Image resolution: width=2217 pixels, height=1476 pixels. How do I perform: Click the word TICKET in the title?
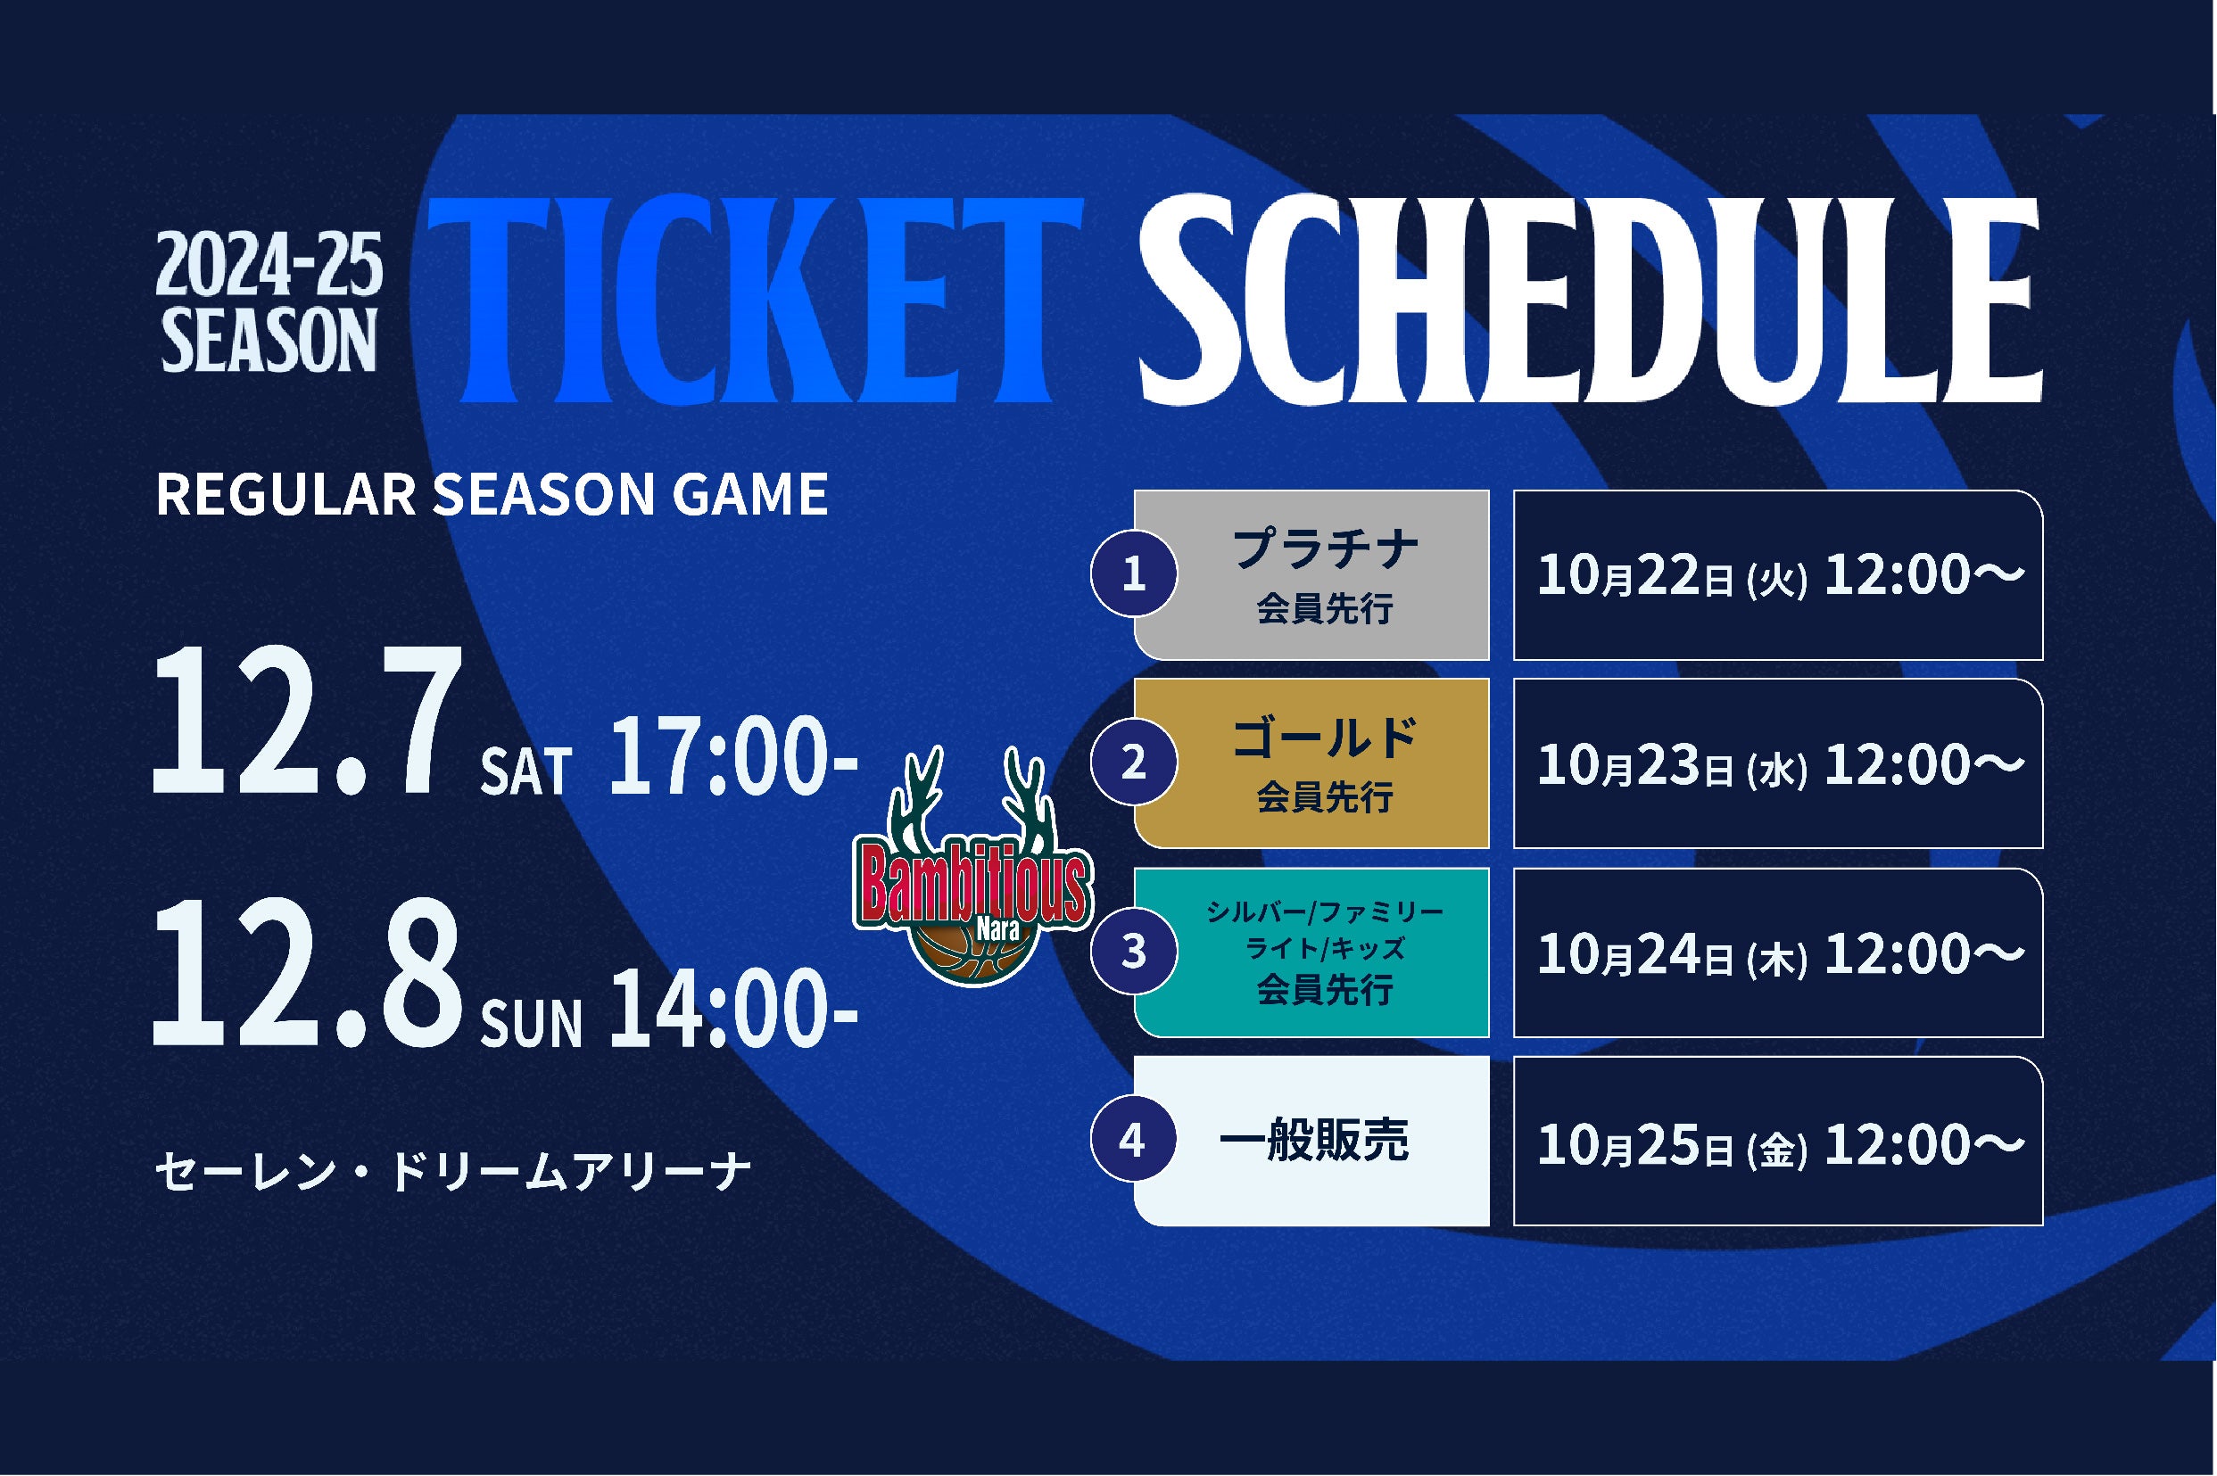tap(755, 301)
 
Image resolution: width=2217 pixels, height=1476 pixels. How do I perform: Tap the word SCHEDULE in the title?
tap(1590, 301)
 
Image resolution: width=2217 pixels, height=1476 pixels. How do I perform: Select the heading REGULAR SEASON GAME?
tap(492, 495)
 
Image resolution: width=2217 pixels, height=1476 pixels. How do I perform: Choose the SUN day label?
tap(532, 1024)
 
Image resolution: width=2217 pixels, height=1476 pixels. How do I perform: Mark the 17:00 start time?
tap(733, 760)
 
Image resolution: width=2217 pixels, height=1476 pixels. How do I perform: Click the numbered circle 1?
tap(1133, 574)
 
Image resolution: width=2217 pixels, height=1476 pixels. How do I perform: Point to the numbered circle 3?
tap(1133, 952)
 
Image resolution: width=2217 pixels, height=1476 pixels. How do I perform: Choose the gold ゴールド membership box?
tap(1311, 763)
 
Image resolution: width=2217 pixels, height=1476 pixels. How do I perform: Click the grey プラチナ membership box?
tap(1311, 574)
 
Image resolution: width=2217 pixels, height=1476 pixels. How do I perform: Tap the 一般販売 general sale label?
tap(1312, 1141)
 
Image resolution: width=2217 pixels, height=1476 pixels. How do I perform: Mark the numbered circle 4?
tap(1133, 1140)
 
